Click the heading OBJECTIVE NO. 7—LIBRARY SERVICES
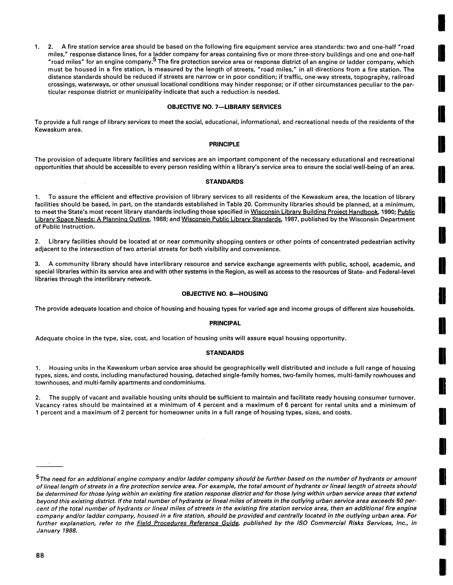tap(224, 107)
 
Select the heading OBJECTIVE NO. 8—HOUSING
tap(225, 294)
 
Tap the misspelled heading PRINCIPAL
tap(225, 323)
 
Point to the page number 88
tap(40, 555)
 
